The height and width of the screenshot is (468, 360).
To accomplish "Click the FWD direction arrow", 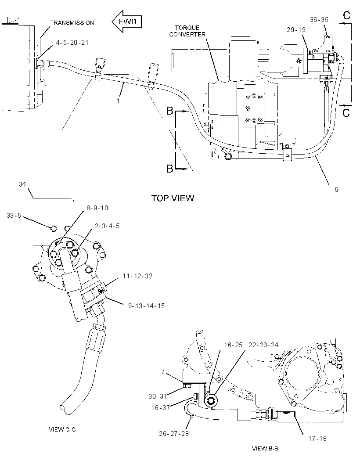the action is [x=126, y=22].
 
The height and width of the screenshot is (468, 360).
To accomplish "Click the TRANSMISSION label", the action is [x=72, y=23].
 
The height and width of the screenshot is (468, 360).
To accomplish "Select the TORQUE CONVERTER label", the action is [x=187, y=31].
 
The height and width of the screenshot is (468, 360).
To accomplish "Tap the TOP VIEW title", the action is [x=173, y=198].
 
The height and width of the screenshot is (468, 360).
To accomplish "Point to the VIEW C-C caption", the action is [x=62, y=429].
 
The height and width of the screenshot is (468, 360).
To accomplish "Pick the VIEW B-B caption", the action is [x=265, y=448].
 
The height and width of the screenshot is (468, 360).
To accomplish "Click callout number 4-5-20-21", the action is [x=72, y=43].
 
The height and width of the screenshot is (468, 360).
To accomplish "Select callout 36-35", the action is [x=319, y=20].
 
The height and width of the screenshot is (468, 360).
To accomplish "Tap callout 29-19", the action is [x=296, y=29].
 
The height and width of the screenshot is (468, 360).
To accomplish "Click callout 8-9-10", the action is [x=97, y=208].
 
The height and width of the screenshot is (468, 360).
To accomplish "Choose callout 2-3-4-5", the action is [x=107, y=226].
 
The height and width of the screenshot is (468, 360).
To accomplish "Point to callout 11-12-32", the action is [x=137, y=276].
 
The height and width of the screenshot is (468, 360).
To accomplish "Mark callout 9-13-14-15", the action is [x=147, y=306].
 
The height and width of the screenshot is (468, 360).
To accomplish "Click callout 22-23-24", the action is [x=263, y=345].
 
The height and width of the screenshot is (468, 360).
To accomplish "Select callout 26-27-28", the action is [x=174, y=433].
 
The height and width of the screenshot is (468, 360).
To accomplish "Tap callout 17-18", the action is [x=317, y=439].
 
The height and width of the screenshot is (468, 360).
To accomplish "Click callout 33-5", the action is [x=14, y=215].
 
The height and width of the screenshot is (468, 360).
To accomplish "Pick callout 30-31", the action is [x=158, y=396].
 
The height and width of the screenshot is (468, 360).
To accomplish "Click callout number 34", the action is [x=22, y=184].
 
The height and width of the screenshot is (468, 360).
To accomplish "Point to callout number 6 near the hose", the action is [x=336, y=190].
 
